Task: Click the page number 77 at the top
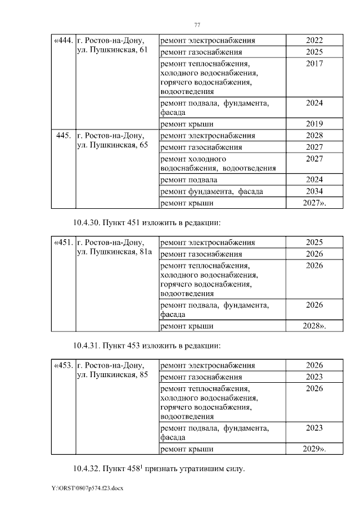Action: pyautogui.click(x=197, y=25)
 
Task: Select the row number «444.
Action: pyautogui.click(x=63, y=41)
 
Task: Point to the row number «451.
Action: pyautogui.click(x=63, y=243)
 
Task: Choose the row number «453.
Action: pyautogui.click(x=63, y=365)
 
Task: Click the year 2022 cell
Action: pyautogui.click(x=314, y=41)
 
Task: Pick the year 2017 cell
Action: pyautogui.click(x=314, y=64)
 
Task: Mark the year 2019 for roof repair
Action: pyautogui.click(x=314, y=124)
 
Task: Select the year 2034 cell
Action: pyautogui.click(x=314, y=191)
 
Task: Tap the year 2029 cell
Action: pyautogui.click(x=314, y=449)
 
